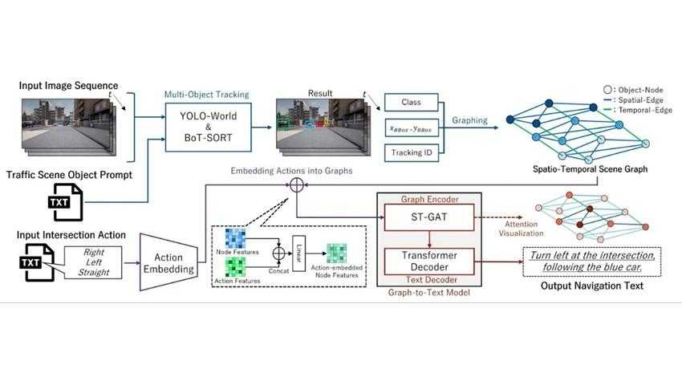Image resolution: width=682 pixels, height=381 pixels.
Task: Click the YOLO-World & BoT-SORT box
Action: coord(208,127)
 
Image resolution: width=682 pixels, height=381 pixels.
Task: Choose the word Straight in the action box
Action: coord(91,273)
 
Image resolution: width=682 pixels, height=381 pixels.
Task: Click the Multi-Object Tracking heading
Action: coord(206,94)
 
